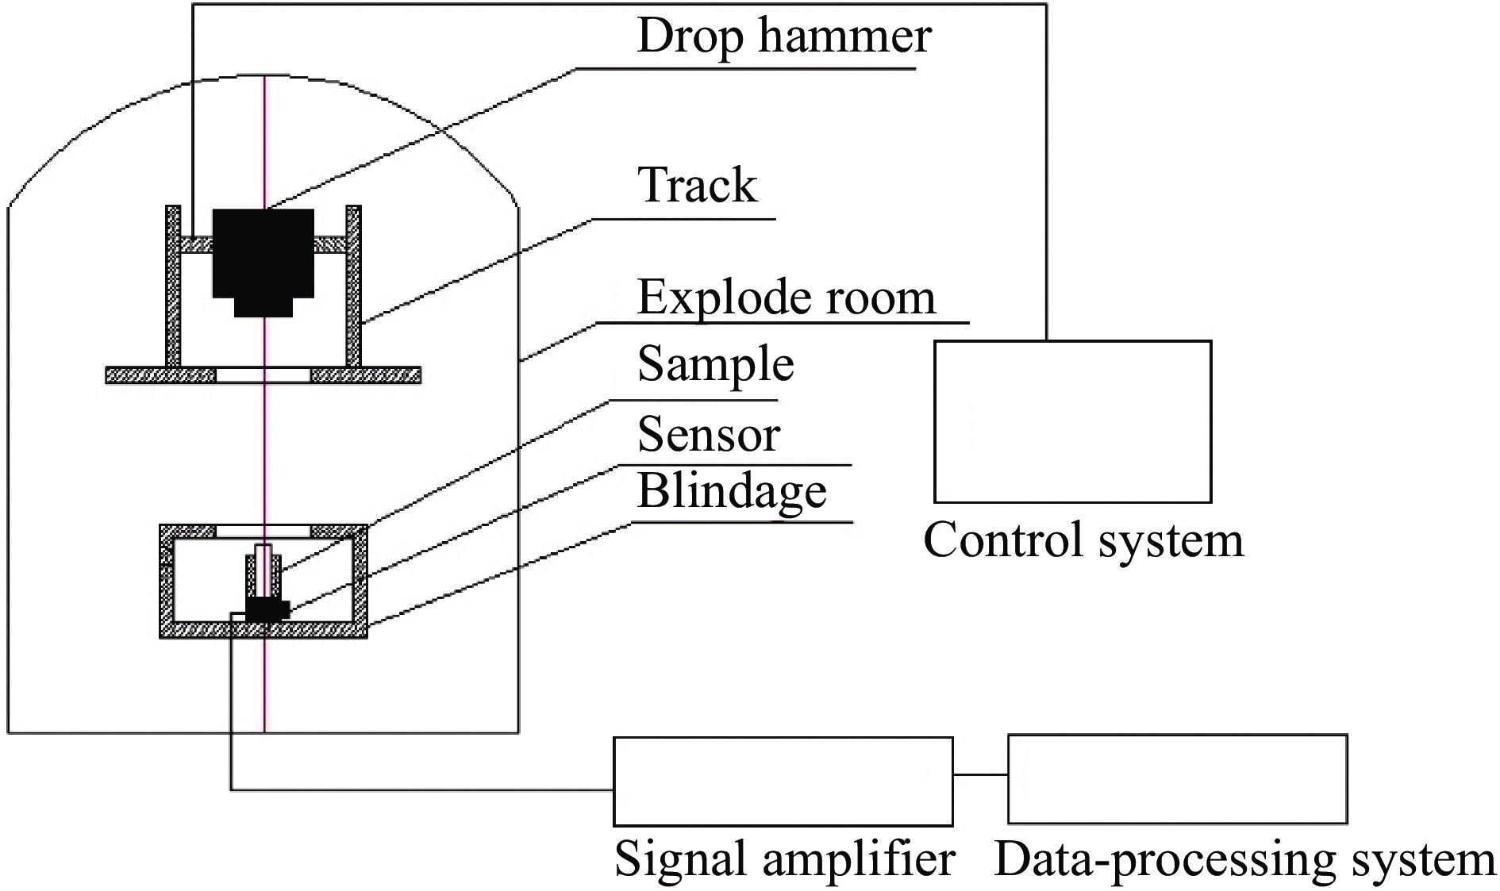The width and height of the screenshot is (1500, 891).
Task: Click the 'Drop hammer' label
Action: [783, 37]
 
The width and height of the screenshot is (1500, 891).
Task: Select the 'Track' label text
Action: [698, 186]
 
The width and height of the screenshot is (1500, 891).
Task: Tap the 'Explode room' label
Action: [786, 298]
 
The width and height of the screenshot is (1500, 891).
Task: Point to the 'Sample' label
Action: [715, 365]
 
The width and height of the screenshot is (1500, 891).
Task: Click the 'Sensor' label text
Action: [709, 435]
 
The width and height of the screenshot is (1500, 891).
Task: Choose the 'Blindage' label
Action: [732, 491]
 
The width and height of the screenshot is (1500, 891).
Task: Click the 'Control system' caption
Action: [1083, 541]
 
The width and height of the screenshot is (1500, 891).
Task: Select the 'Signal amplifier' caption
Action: [784, 859]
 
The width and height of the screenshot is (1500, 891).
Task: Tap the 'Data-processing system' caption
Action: [1244, 860]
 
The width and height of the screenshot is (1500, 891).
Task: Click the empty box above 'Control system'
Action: [1072, 421]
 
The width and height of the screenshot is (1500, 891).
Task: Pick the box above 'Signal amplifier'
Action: [783, 782]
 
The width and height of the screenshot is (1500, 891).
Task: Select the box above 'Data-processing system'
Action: [1177, 779]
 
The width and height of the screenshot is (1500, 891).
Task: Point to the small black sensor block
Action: [267, 609]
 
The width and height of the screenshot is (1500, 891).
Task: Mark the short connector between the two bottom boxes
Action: [980, 774]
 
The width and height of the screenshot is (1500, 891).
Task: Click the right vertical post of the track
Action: [353, 286]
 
